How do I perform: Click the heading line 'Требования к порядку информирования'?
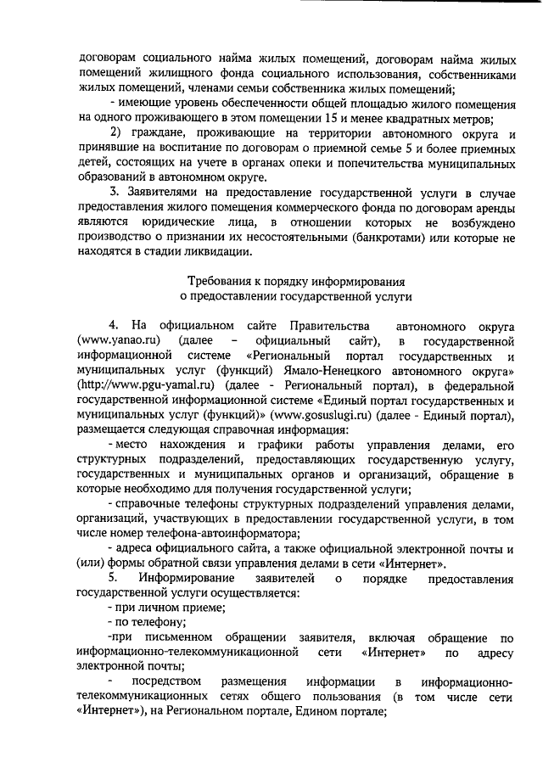pyautogui.click(x=295, y=280)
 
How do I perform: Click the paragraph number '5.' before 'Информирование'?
pyautogui.click(x=114, y=578)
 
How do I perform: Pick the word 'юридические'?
pyautogui.click(x=189, y=224)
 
